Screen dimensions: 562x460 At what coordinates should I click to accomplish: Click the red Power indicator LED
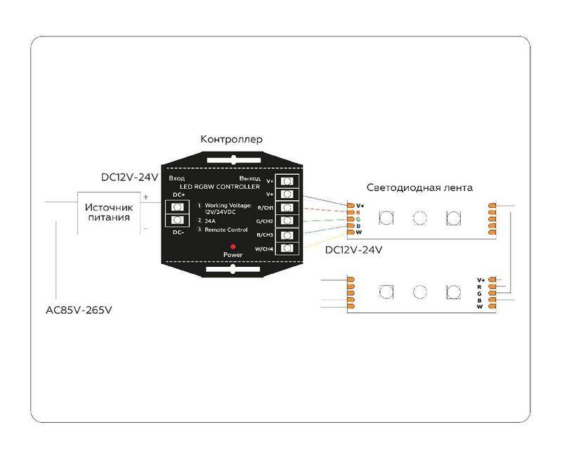[x=233, y=247]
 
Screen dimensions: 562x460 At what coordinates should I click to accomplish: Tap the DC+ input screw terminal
[x=178, y=207]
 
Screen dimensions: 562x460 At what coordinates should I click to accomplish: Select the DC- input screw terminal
[x=178, y=220]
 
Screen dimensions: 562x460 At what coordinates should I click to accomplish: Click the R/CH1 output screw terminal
[x=287, y=207]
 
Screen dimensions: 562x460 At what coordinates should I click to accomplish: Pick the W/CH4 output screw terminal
[x=287, y=249]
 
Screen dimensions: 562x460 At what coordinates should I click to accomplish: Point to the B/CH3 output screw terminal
[x=287, y=235]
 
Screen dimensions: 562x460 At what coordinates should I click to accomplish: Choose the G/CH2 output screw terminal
[x=287, y=221]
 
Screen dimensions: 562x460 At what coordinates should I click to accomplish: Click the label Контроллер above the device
[x=232, y=139]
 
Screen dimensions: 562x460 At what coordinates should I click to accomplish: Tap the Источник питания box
[x=109, y=213]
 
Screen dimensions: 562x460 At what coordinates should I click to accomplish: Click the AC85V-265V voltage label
[x=79, y=310]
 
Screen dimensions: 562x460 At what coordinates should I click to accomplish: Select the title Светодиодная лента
[x=419, y=188]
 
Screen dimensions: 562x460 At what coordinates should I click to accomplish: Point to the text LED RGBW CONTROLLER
[x=220, y=187]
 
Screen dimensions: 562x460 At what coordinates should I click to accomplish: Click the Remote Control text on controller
[x=226, y=230]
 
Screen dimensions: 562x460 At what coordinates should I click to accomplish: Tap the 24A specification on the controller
[x=210, y=221]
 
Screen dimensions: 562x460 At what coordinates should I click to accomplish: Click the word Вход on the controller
[x=177, y=178]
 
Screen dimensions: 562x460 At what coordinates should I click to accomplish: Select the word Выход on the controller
[x=250, y=178]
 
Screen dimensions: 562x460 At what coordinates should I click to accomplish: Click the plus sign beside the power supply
[x=146, y=197]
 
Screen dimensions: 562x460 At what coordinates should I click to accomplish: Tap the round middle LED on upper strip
[x=419, y=218]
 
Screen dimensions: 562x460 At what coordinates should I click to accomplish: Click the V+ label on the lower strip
[x=481, y=280]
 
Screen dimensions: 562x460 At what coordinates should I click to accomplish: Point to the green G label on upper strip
[x=358, y=219]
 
